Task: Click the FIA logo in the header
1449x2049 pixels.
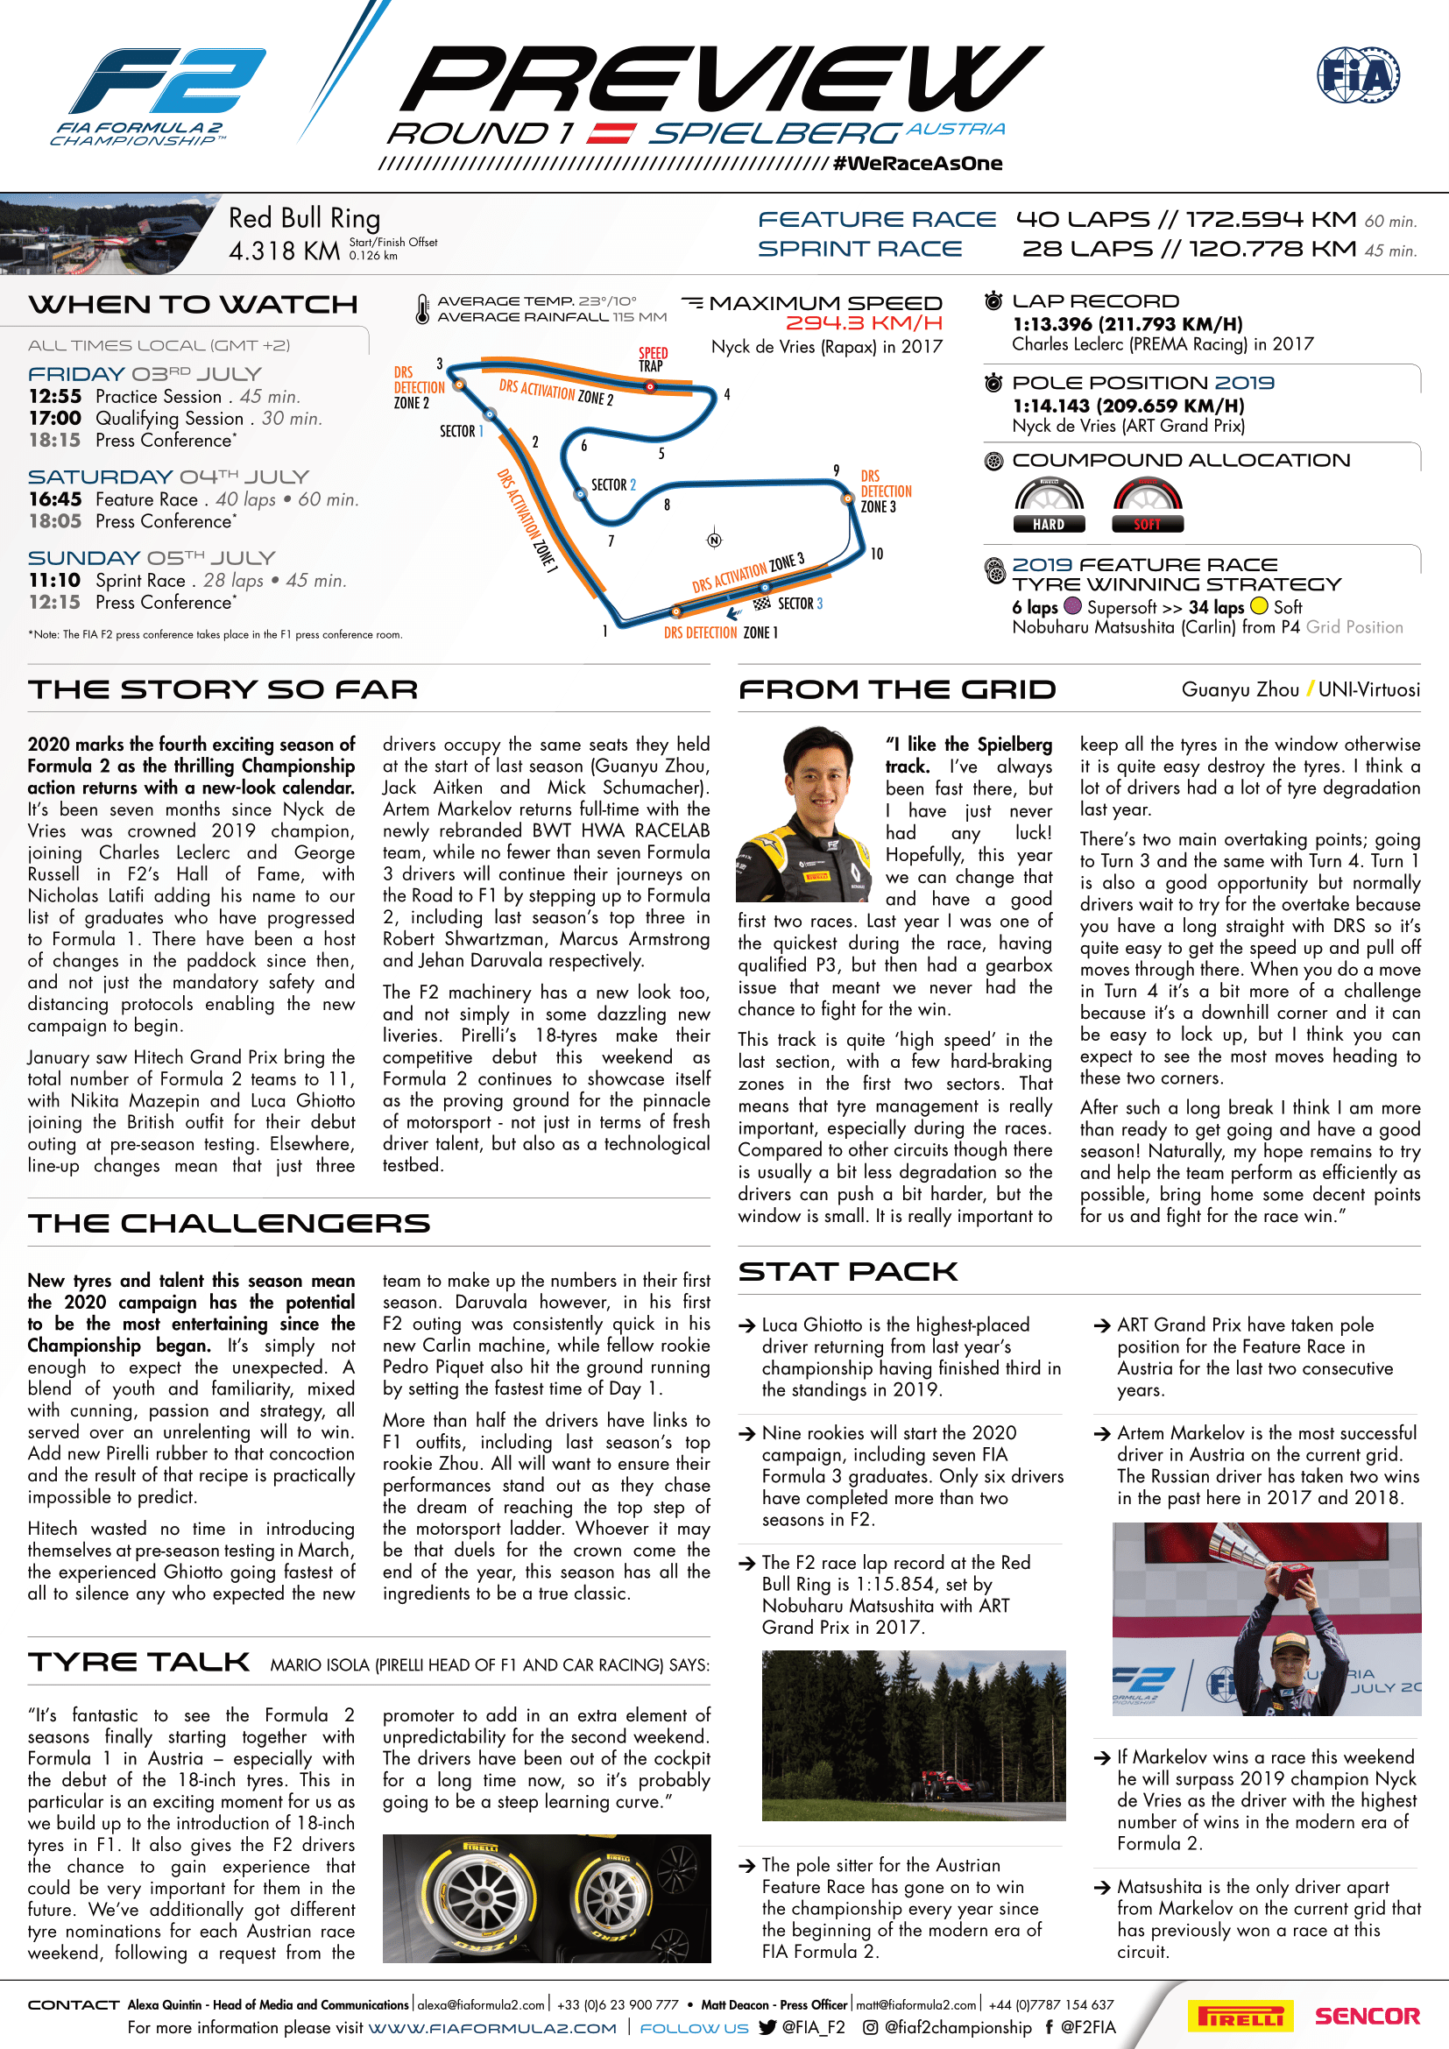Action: [x=1357, y=75]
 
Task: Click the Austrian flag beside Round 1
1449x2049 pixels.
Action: [x=611, y=134]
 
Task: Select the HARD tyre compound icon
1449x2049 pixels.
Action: [x=1049, y=505]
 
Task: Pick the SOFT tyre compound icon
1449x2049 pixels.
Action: [x=1148, y=505]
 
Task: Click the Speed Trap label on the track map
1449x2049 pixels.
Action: [x=653, y=359]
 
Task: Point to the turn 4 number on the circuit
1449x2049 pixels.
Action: [x=727, y=394]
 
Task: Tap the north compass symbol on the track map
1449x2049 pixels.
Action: [x=714, y=539]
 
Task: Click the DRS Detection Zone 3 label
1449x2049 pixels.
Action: [x=885, y=491]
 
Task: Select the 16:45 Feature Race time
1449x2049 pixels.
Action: [x=55, y=499]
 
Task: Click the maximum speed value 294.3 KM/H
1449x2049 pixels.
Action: [x=863, y=323]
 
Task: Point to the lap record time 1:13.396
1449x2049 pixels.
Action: [x=1054, y=324]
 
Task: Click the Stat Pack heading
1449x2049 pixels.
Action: [x=848, y=1272]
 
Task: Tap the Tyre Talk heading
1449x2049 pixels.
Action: [x=139, y=1662]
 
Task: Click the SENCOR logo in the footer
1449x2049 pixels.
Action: [x=1367, y=2016]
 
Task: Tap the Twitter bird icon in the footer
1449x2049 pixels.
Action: [x=767, y=2028]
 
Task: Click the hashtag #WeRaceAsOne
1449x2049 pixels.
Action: [x=917, y=163]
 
